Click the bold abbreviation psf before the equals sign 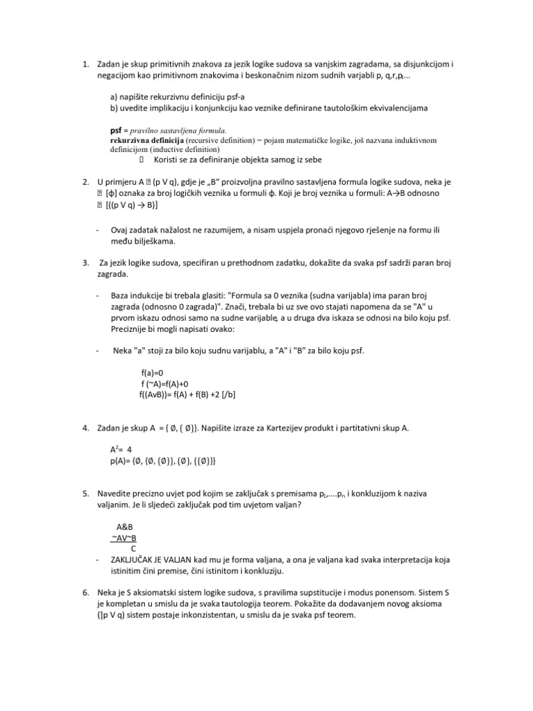(x=117, y=130)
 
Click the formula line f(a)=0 (x=153, y=372)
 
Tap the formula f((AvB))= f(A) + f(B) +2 (x=188, y=394)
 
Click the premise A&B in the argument (x=125, y=527)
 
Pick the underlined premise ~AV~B (x=124, y=537)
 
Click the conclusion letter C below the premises (x=133, y=548)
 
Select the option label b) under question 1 (x=115, y=108)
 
